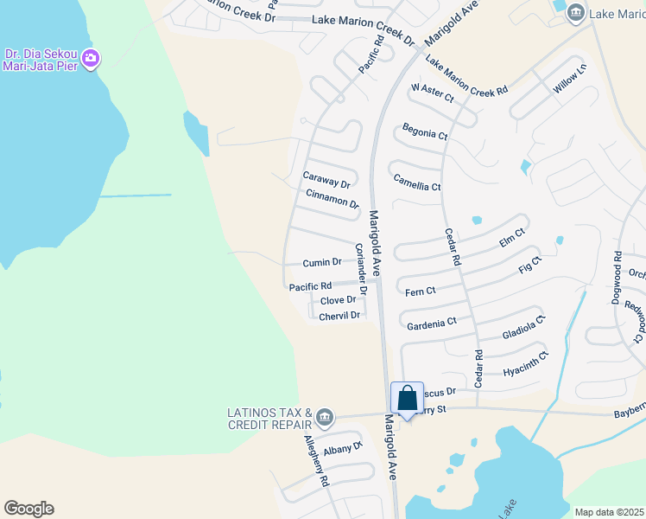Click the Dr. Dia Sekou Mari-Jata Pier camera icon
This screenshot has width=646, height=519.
[91, 60]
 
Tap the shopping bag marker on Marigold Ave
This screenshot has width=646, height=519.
[408, 398]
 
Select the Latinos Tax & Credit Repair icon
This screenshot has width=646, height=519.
[324, 419]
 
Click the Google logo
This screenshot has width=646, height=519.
[28, 509]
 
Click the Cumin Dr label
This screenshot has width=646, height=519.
[322, 262]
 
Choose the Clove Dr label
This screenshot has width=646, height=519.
[338, 300]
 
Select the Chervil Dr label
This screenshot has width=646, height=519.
[339, 316]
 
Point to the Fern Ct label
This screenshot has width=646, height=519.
[421, 292]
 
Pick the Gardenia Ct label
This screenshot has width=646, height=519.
[431, 323]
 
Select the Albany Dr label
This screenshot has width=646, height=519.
[344, 450]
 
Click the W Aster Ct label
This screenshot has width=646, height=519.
[433, 93]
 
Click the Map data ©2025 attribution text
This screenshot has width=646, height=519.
[609, 512]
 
